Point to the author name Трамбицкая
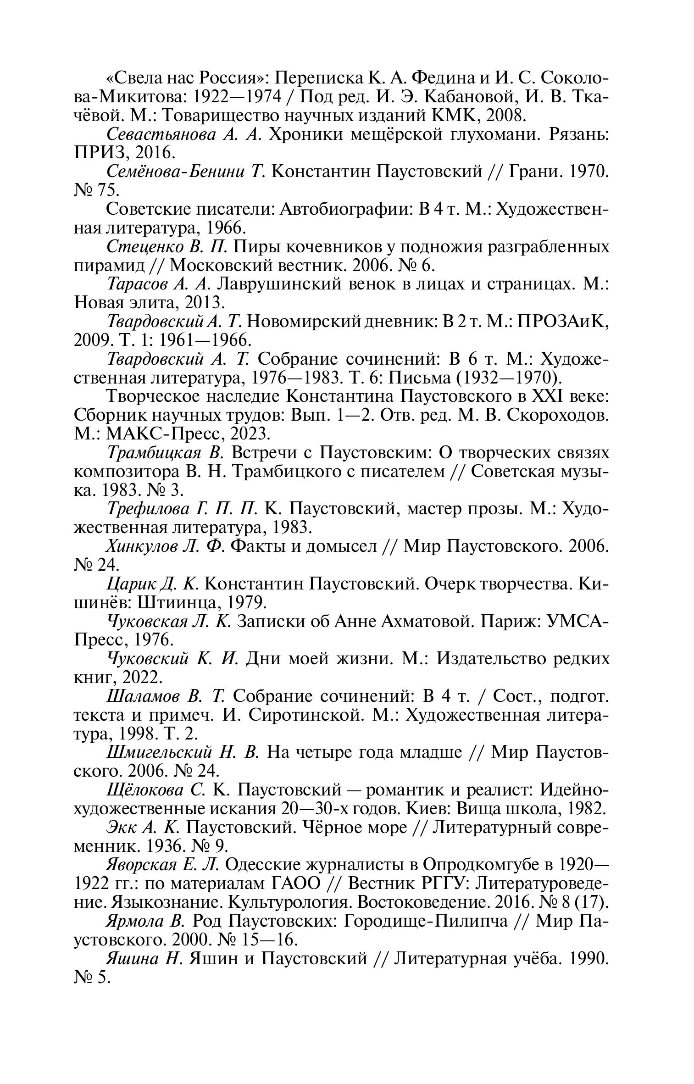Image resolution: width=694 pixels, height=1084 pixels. coord(154,453)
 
